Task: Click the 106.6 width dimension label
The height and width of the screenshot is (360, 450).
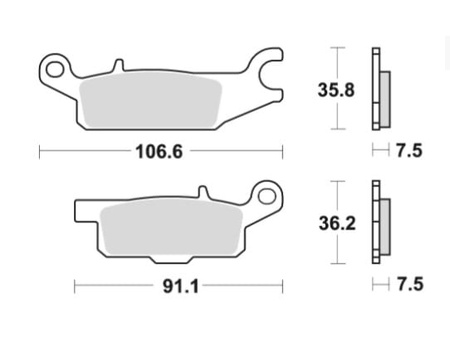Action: pos(159,152)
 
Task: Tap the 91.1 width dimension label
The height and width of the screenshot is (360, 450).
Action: pos(181,286)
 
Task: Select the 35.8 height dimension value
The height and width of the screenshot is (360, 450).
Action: pos(336,90)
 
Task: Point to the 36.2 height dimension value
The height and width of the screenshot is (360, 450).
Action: pos(337,223)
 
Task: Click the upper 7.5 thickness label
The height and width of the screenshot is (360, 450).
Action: pos(409,150)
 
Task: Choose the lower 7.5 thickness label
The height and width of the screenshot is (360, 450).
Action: pos(410,285)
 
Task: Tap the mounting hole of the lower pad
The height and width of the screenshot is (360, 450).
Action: pos(267,196)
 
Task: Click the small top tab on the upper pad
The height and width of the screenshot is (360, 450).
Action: pos(119,65)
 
